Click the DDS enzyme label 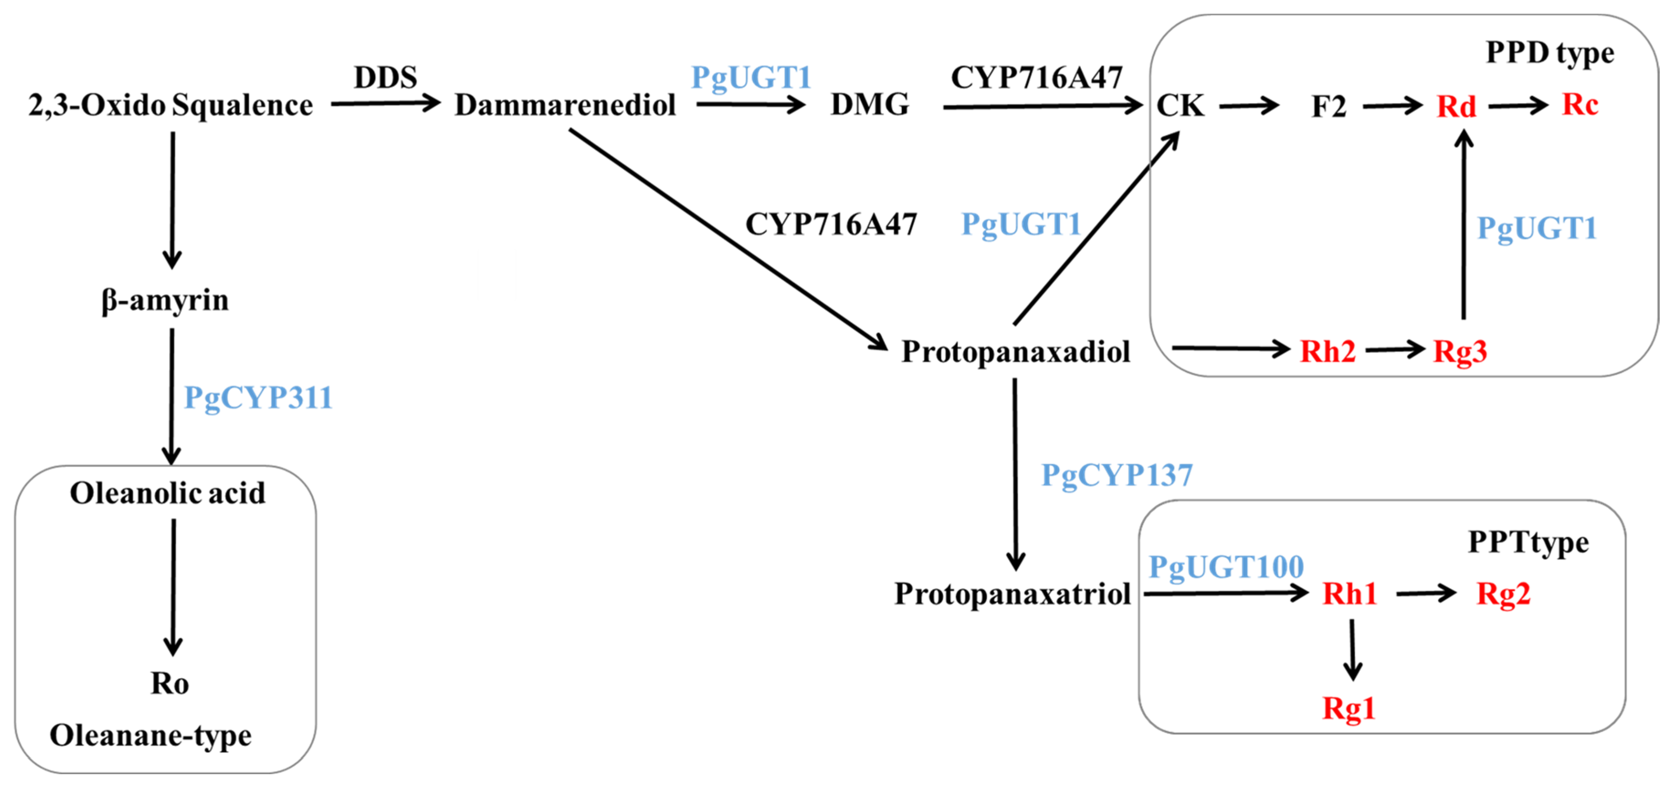coord(385,78)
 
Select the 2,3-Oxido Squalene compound coord(171,105)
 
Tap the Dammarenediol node coord(565,105)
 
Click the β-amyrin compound coord(165,300)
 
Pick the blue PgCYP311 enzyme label coord(258,397)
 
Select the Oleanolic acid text coord(167,493)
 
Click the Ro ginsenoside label coord(170,683)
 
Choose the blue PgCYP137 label coord(1116,475)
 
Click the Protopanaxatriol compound coord(1012,594)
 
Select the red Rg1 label coord(1348,708)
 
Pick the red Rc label coord(1580,104)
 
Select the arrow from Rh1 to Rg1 coord(1352,649)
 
